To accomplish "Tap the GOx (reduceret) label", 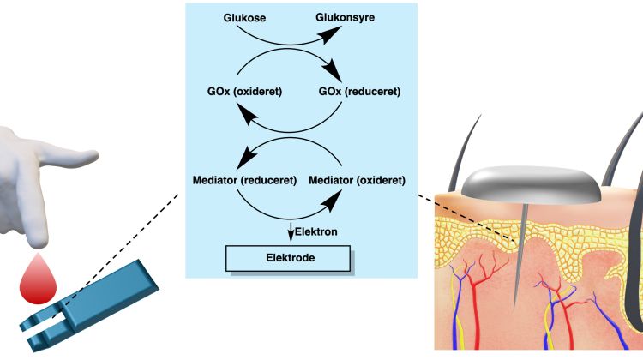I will (x=358, y=91).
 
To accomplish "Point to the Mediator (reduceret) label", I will (x=245, y=182).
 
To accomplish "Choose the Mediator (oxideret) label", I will (x=356, y=182).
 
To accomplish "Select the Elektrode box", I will (x=287, y=256).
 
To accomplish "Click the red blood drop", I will (x=35, y=279).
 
